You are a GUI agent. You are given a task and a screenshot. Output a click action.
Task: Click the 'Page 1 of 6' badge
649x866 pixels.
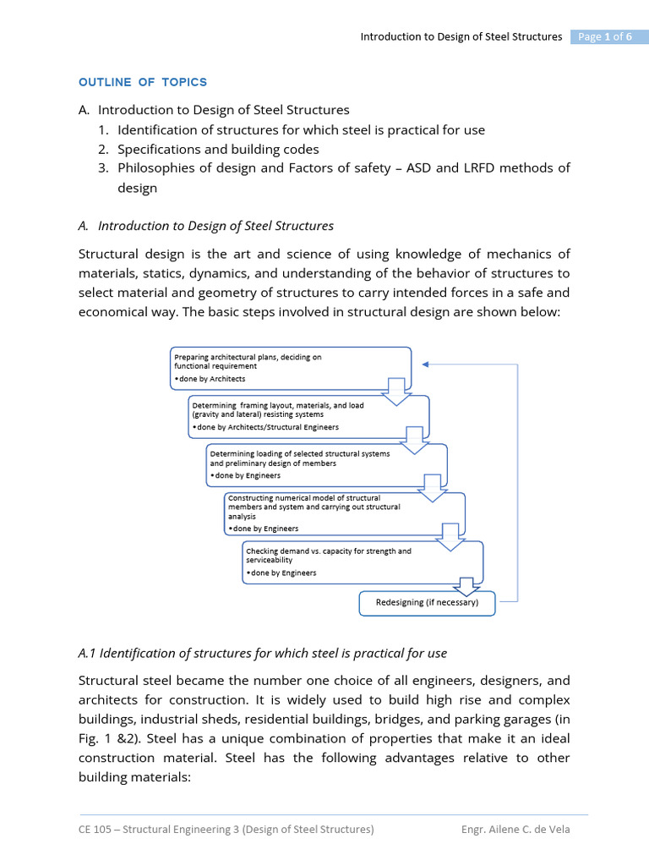pyautogui.click(x=603, y=36)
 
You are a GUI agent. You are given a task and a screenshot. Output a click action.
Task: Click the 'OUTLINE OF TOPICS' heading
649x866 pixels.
pyautogui.click(x=143, y=82)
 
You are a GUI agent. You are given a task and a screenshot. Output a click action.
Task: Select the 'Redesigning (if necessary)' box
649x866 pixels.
pyautogui.click(x=427, y=603)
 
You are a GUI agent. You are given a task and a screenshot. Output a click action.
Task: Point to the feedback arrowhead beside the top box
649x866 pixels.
pyautogui.click(x=426, y=364)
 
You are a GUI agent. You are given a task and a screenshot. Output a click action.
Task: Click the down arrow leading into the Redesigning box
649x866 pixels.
pyautogui.click(x=467, y=586)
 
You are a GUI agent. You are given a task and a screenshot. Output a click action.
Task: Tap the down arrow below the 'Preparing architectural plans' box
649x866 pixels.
pyautogui.click(x=395, y=392)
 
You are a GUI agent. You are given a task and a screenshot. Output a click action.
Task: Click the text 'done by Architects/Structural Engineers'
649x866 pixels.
pyautogui.click(x=266, y=428)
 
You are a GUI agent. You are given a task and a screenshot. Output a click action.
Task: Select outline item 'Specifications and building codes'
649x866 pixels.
pyautogui.click(x=218, y=149)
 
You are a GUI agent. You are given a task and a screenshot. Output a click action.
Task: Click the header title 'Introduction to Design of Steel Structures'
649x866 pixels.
pyautogui.click(x=461, y=36)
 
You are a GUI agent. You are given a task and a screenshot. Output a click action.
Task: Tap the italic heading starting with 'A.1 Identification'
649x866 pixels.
pyautogui.click(x=262, y=653)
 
